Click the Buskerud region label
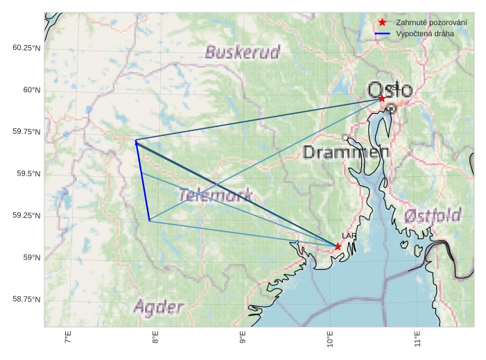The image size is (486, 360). click(243, 52)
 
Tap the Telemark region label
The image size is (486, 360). click(215, 196)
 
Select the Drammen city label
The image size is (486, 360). click(345, 153)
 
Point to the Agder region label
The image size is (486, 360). click(159, 307)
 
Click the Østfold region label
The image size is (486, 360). click(433, 216)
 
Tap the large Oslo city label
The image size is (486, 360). click(390, 90)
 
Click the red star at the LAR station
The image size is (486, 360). click(338, 246)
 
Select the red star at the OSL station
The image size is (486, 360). click(382, 98)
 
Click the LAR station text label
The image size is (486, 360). click(349, 237)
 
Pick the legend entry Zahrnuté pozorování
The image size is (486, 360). click(431, 23)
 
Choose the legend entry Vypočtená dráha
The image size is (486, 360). click(426, 33)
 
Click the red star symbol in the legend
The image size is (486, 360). click(382, 23)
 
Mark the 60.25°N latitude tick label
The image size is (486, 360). click(27, 48)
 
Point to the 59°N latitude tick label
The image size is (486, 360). click(32, 257)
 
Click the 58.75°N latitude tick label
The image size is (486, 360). click(27, 299)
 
